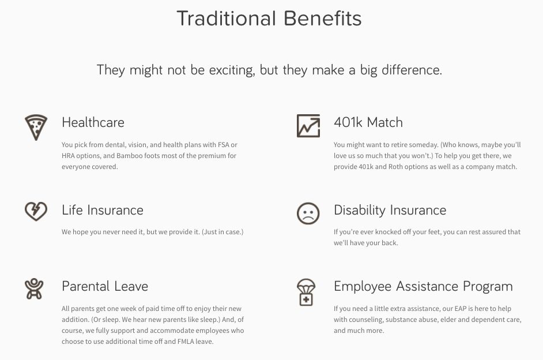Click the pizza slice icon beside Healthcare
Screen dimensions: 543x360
point(36,127)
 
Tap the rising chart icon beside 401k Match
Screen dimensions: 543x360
point(308,126)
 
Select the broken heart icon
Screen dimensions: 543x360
point(36,211)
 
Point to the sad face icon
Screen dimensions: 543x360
point(308,213)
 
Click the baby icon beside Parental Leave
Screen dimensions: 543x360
point(34,288)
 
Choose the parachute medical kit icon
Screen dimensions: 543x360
point(306,292)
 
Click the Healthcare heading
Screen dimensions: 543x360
point(93,122)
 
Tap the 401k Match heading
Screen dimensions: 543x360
point(368,122)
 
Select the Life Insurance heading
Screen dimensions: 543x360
point(103,210)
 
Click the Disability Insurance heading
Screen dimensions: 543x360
point(390,211)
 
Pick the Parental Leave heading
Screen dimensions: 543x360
point(105,286)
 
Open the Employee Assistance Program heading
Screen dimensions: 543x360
point(423,287)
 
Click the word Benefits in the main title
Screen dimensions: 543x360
point(323,18)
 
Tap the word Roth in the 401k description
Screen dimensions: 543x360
point(395,167)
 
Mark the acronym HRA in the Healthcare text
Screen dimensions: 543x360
point(68,156)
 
